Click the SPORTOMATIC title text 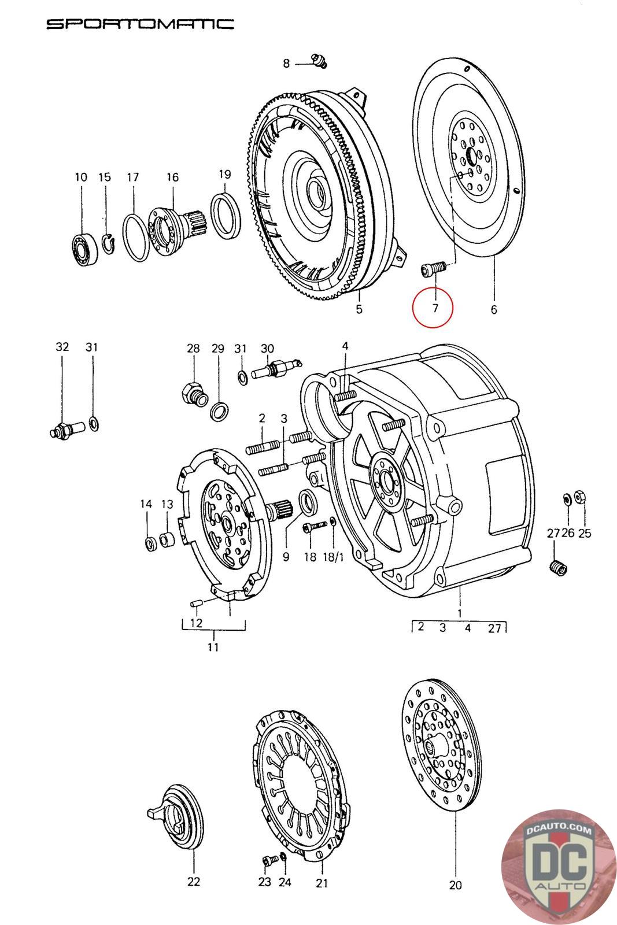point(140,24)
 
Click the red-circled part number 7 point(435,308)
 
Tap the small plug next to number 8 point(319,61)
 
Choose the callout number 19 point(224,174)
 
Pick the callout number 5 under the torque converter point(359,309)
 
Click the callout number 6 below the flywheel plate point(494,309)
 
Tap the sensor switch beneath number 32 point(67,430)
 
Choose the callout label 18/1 point(333,557)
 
